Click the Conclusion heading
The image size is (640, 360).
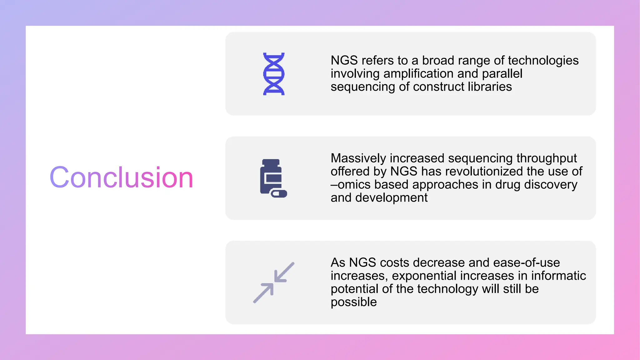pos(121,177)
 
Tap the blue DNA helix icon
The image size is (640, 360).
pos(274,74)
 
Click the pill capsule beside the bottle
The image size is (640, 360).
pos(279,194)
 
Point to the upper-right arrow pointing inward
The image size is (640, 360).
pos(284,272)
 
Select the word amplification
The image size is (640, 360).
pos(418,73)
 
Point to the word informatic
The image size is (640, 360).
pos(558,276)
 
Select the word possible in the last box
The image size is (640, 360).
pos(354,302)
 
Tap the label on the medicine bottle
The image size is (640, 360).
pos(273,178)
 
